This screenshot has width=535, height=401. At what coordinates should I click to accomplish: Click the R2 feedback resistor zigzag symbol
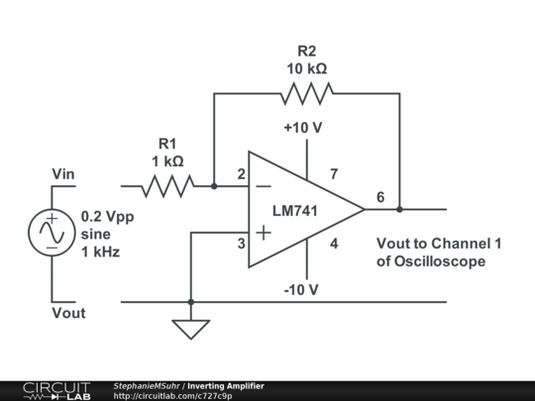pos(306,94)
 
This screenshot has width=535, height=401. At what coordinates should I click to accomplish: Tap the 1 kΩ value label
pos(166,159)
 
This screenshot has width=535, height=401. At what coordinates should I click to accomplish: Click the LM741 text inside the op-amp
pos(298,210)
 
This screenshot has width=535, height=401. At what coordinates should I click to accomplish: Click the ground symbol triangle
pos(191,328)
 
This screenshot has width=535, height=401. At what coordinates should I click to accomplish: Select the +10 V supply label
pos(301,128)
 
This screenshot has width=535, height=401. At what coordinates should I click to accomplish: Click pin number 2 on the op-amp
pos(241,174)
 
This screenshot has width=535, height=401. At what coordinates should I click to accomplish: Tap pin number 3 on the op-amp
pos(241,244)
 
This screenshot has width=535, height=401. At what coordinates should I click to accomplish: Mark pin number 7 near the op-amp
pos(334,174)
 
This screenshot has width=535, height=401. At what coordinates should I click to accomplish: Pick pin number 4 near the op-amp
pos(334,244)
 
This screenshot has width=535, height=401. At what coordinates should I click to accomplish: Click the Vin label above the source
pos(64,174)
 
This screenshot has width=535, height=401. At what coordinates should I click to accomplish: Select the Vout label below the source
pos(68,313)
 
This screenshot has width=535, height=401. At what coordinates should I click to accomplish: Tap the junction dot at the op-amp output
pos(399,209)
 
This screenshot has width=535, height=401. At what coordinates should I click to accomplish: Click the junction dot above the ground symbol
pos(191,302)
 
